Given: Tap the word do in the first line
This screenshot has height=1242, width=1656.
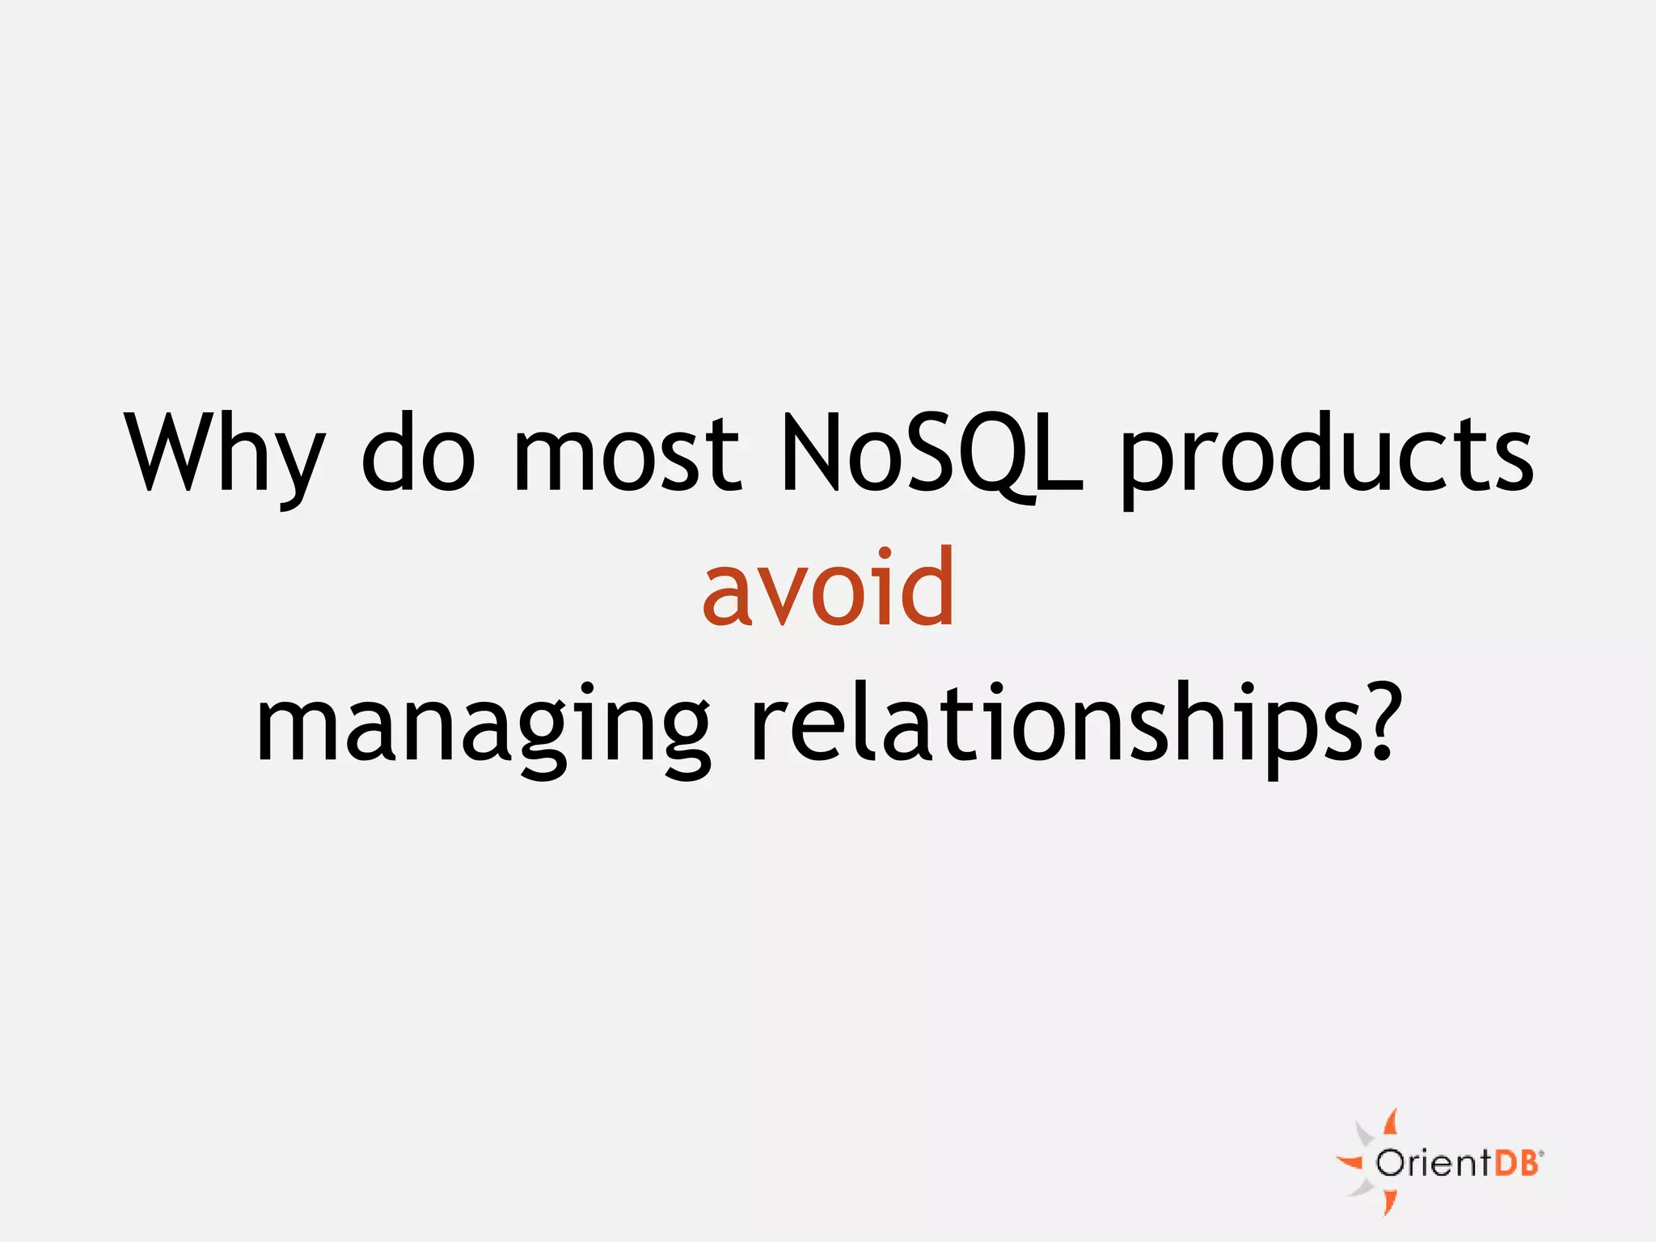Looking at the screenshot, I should tap(418, 453).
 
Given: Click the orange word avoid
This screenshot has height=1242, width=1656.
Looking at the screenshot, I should tap(828, 588).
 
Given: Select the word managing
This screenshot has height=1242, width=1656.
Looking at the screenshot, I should tap(483, 725).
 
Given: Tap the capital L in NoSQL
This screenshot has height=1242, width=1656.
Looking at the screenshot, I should tap(1059, 453).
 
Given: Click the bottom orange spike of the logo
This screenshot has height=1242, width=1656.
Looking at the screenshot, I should tap(1389, 1202).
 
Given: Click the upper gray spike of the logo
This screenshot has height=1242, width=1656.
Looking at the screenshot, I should tap(1365, 1134).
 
